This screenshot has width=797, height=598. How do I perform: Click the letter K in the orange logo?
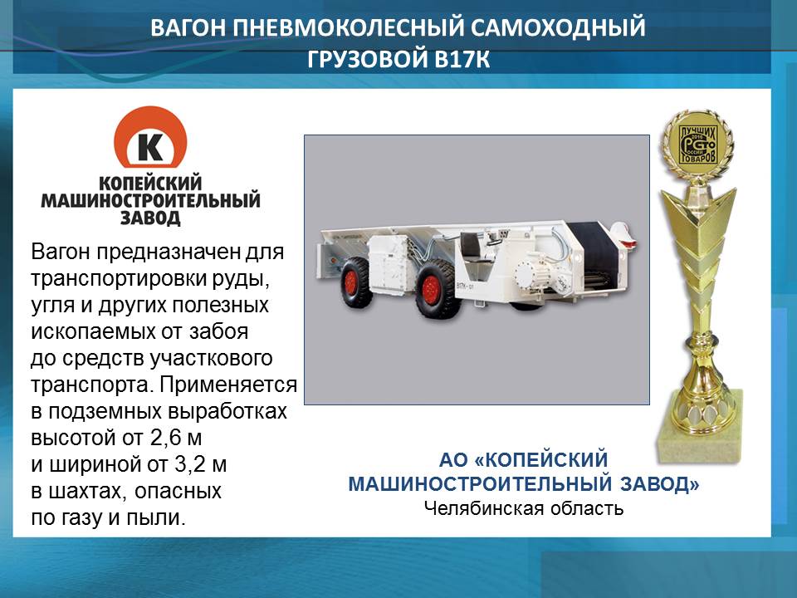151,148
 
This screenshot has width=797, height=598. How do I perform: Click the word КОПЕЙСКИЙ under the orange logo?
150,183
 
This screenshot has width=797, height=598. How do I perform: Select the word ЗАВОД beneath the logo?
150,218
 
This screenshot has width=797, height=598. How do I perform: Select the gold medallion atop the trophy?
697,145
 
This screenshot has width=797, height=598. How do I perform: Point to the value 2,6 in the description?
165,438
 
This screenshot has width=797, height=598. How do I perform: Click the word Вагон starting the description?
61,252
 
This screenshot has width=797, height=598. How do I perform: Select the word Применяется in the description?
228,385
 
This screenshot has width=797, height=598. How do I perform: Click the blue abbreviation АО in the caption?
453,459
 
